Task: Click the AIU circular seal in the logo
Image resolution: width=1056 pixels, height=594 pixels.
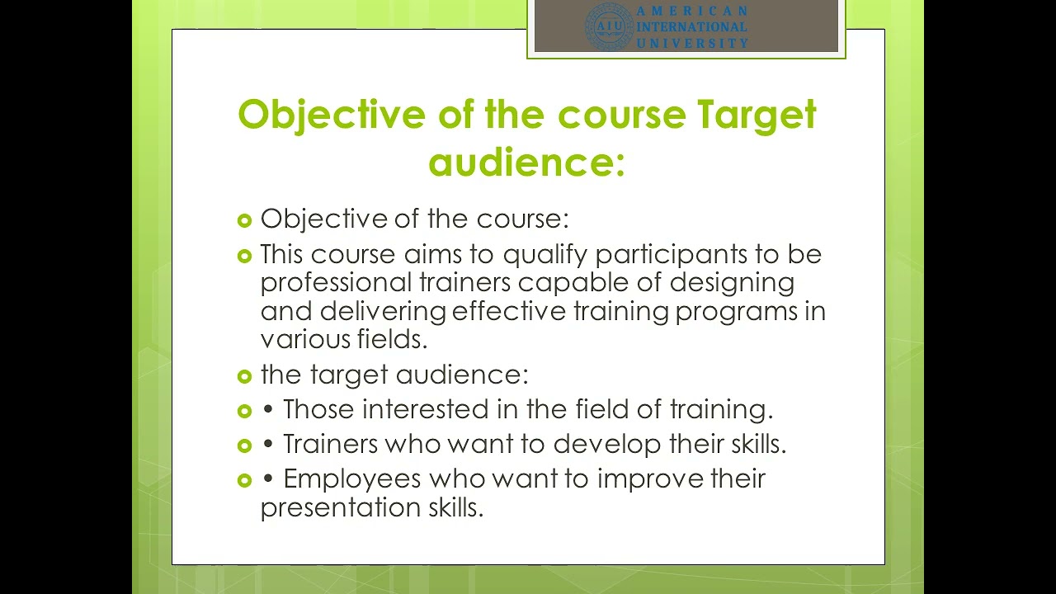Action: pos(609,26)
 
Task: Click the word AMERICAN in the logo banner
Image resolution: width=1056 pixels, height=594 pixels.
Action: pos(692,12)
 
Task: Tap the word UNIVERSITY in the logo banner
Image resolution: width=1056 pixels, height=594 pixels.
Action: pos(692,43)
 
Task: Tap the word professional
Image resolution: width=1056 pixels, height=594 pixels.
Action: pos(336,282)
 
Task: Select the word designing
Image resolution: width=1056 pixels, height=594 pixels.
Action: pos(732,282)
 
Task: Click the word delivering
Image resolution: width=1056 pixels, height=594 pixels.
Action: pos(384,311)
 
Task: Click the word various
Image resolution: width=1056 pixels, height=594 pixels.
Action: pos(304,339)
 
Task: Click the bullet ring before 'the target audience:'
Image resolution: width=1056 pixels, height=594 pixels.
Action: pos(243,376)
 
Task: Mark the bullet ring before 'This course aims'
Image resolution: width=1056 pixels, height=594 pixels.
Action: pos(243,256)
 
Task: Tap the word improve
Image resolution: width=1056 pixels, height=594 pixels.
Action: pos(650,478)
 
